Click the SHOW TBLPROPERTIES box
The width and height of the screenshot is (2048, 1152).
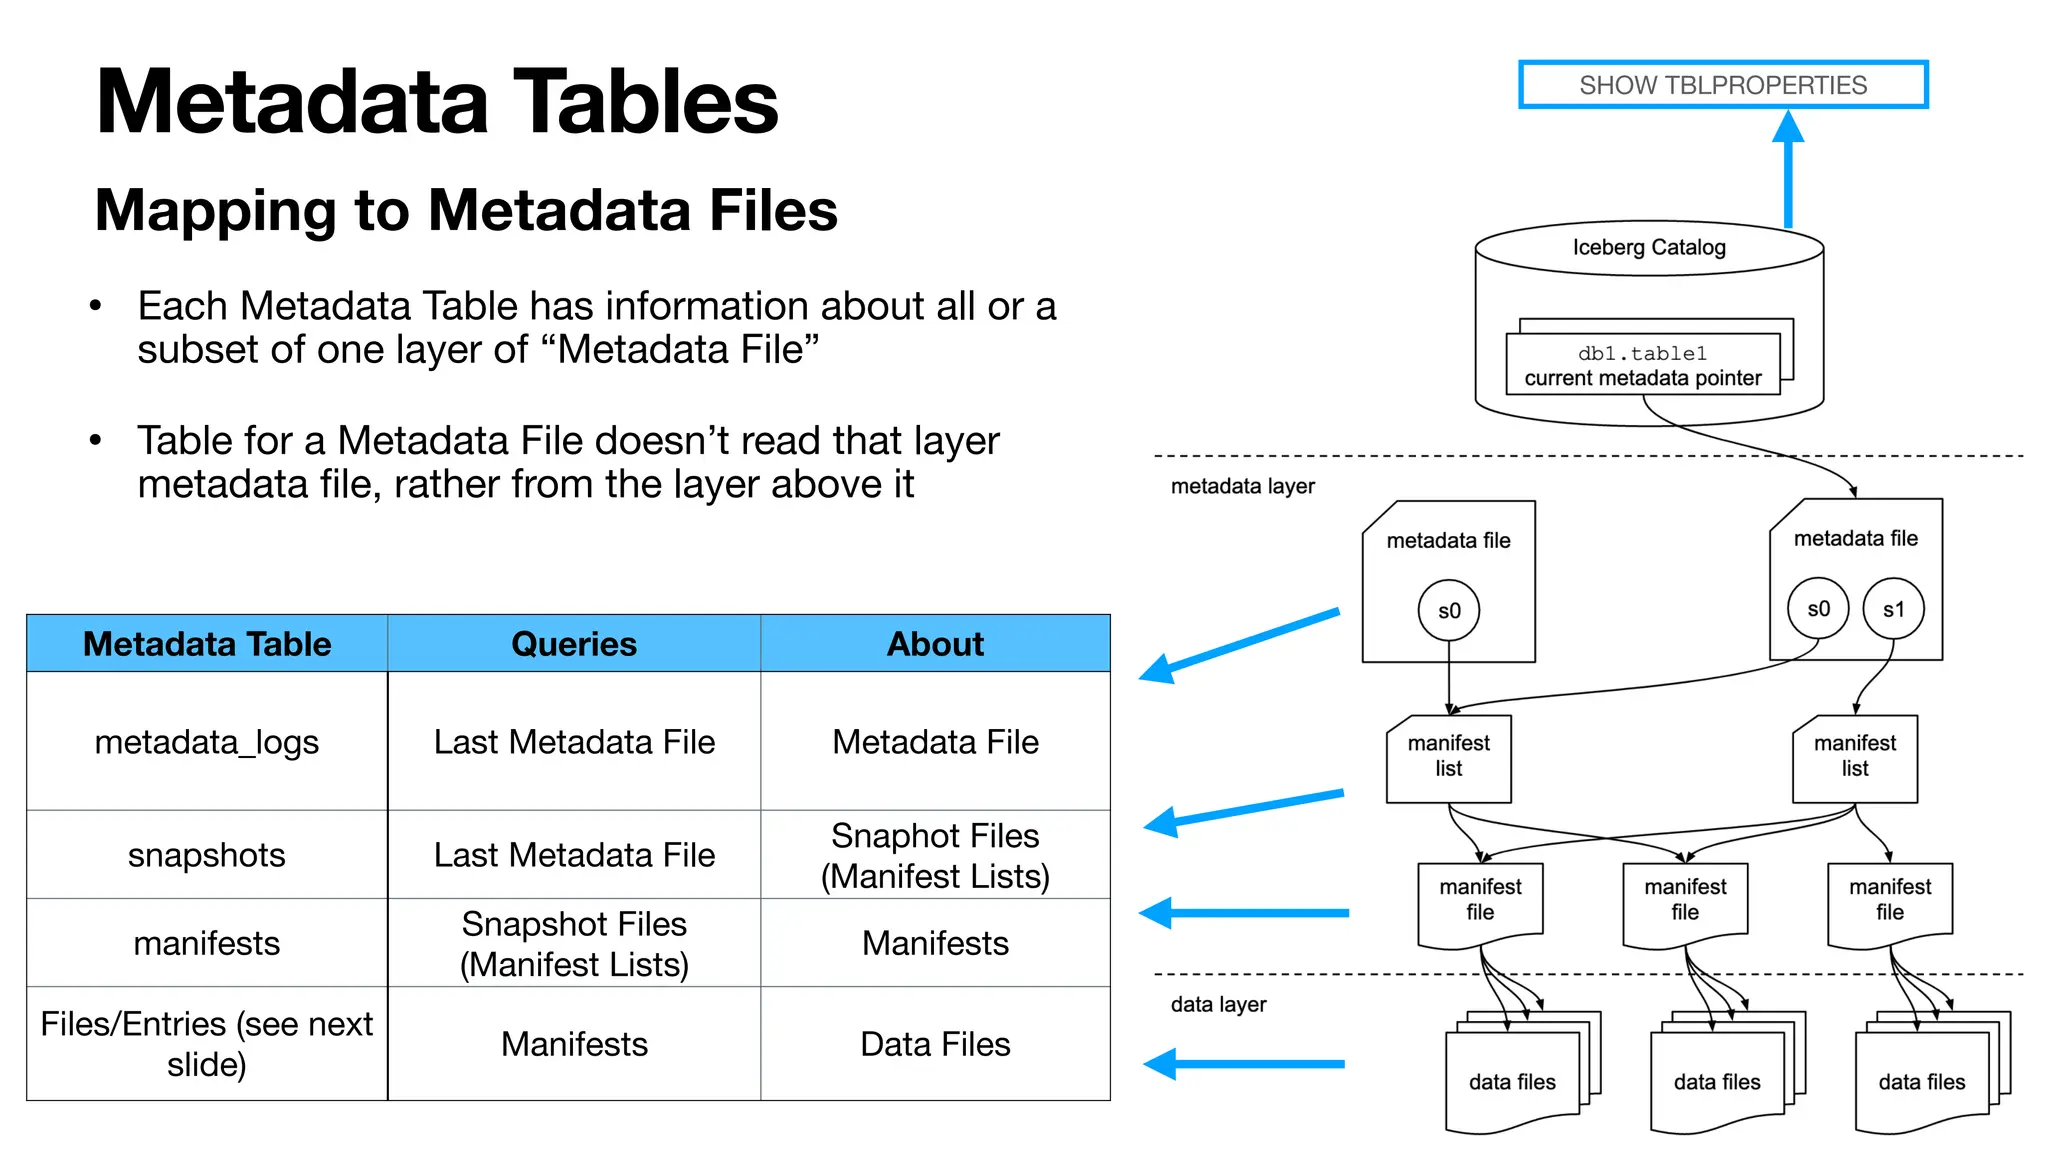click(1722, 85)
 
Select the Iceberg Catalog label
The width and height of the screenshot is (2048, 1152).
click(1648, 247)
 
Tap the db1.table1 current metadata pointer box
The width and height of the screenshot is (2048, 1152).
click(1642, 366)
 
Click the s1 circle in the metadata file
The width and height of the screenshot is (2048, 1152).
click(1893, 609)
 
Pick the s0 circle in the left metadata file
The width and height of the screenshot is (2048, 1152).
click(1448, 610)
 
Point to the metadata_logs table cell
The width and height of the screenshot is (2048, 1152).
click(206, 742)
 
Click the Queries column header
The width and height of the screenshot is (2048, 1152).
click(573, 644)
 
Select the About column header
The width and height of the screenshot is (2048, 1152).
click(935, 644)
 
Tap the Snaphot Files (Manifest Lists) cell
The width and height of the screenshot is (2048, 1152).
click(935, 855)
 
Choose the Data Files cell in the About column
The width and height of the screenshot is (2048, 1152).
click(935, 1044)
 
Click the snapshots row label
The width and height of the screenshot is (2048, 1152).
click(206, 855)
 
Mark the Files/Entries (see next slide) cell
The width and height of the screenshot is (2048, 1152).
click(206, 1044)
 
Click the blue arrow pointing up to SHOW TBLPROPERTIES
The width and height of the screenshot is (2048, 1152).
click(1788, 170)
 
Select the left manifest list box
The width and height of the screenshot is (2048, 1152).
click(1448, 758)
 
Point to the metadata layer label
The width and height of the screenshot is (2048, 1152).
click(1242, 487)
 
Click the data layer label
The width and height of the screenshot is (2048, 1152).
click(1218, 1004)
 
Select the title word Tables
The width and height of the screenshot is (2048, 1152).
click(645, 102)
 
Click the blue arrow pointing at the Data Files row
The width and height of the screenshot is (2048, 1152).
click(1245, 1064)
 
